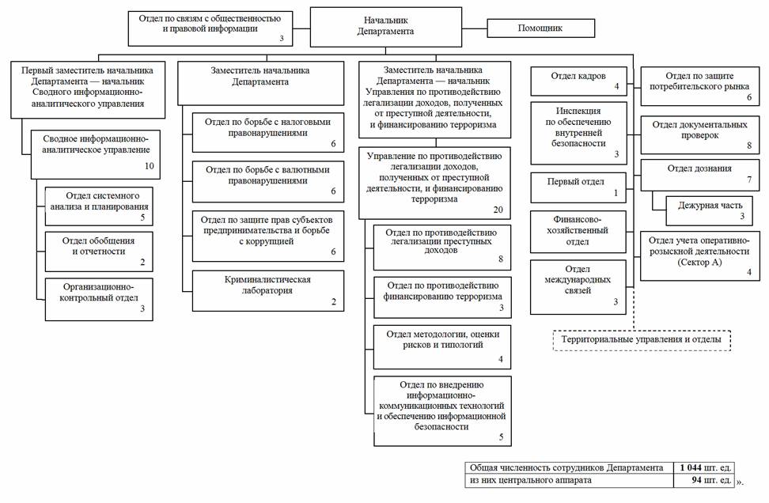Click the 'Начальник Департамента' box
[x=385, y=28]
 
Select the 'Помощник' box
[x=540, y=29]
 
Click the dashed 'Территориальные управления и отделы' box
[x=641, y=339]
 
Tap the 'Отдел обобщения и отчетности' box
[x=99, y=250]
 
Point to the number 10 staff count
[x=149, y=166]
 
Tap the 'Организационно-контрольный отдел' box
[x=99, y=297]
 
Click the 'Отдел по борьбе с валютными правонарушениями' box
[x=267, y=180]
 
